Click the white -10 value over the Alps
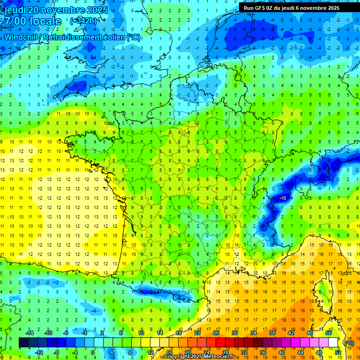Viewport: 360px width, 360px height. click(283, 199)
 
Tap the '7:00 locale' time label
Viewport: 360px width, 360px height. click(33, 21)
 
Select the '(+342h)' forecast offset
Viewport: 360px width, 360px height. click(84, 21)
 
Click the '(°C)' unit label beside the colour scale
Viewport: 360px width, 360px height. click(349, 343)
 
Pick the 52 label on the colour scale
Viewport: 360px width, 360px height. click(337, 352)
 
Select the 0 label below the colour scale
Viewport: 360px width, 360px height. click(93, 352)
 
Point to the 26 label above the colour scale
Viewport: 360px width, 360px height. click(216, 333)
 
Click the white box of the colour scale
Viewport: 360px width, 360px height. click(333, 343)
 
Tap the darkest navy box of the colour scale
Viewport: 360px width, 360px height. click(23, 343)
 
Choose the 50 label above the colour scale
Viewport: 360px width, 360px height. click(328, 333)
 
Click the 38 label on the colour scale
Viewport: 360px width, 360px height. click(272, 333)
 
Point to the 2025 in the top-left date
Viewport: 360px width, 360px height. click(97, 10)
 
